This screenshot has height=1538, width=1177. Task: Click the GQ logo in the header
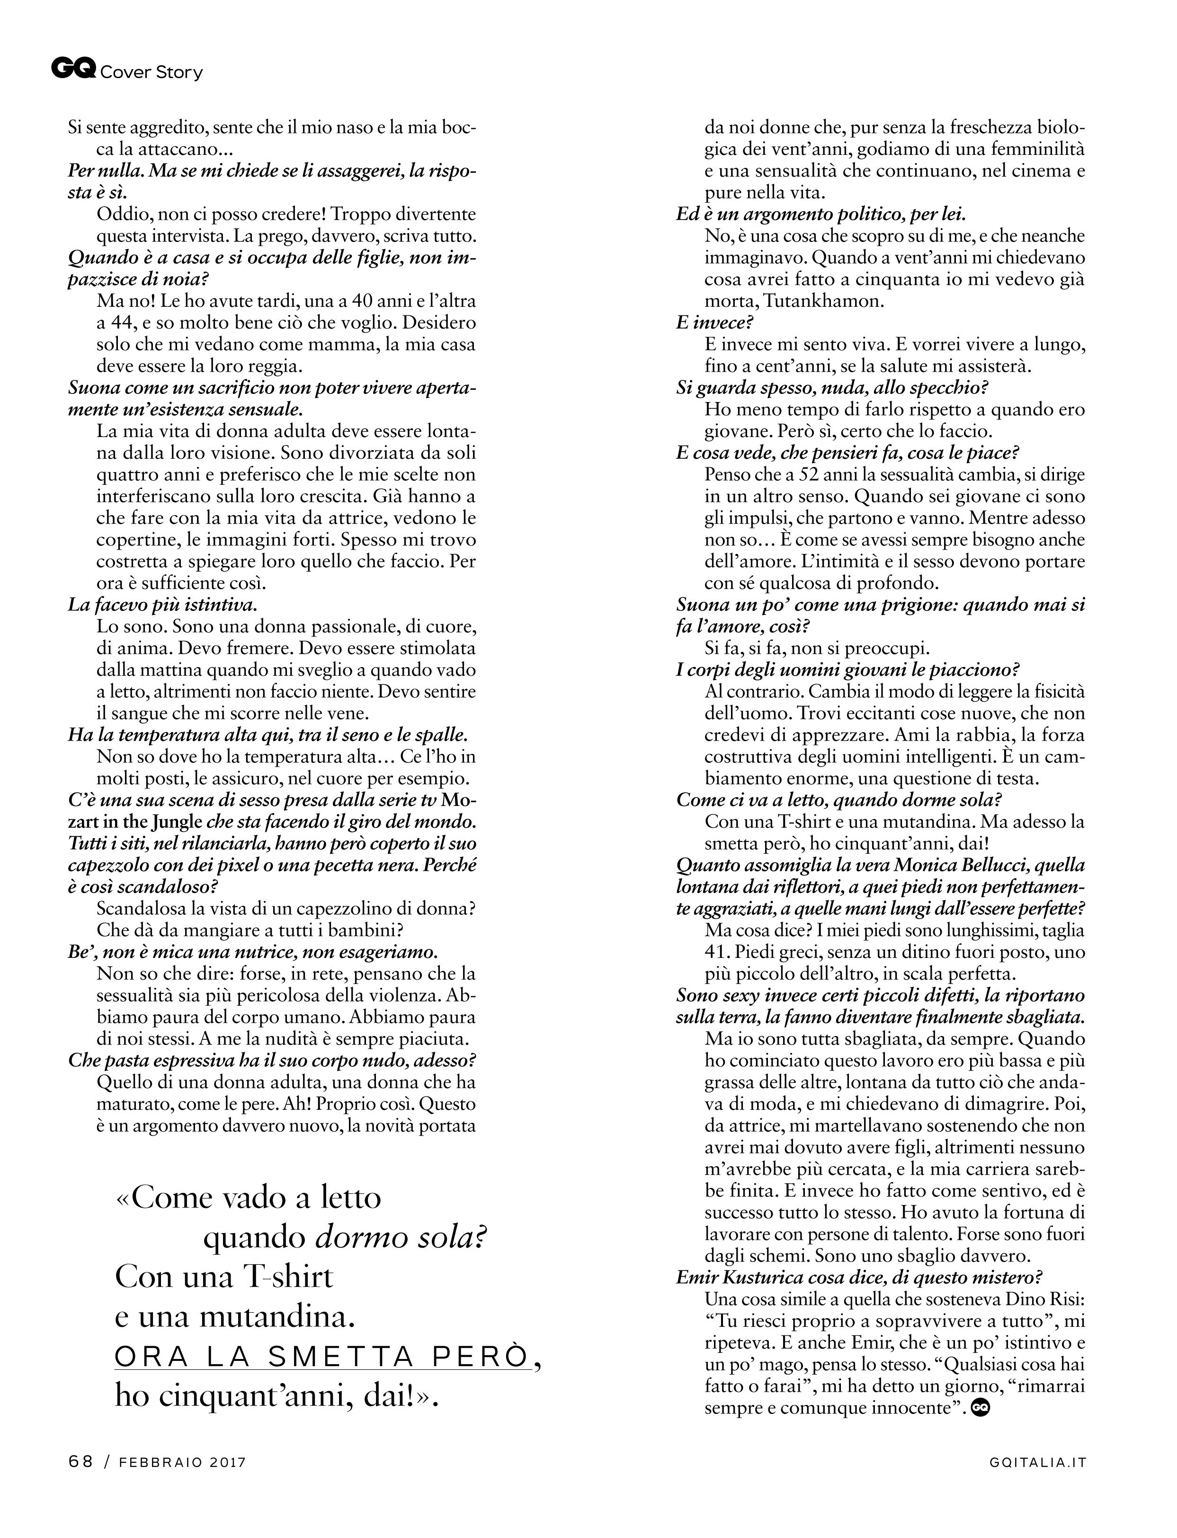pos(73,69)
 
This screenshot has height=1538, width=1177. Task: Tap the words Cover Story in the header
pos(152,72)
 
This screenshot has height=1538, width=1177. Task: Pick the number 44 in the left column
pos(112,323)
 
